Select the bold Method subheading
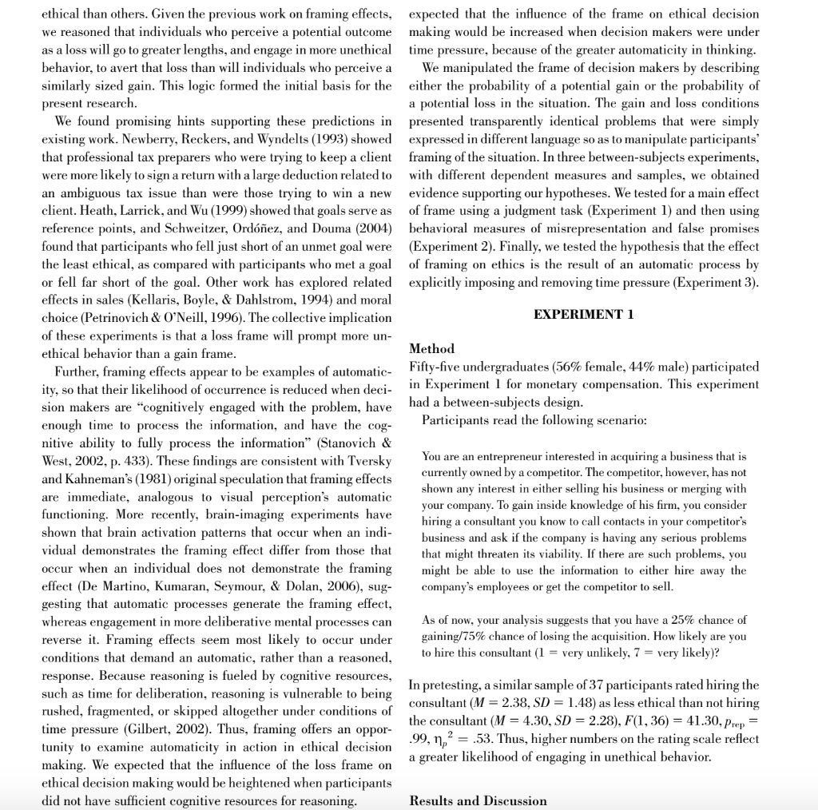point(431,348)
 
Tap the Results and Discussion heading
point(478,800)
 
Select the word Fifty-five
point(436,367)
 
